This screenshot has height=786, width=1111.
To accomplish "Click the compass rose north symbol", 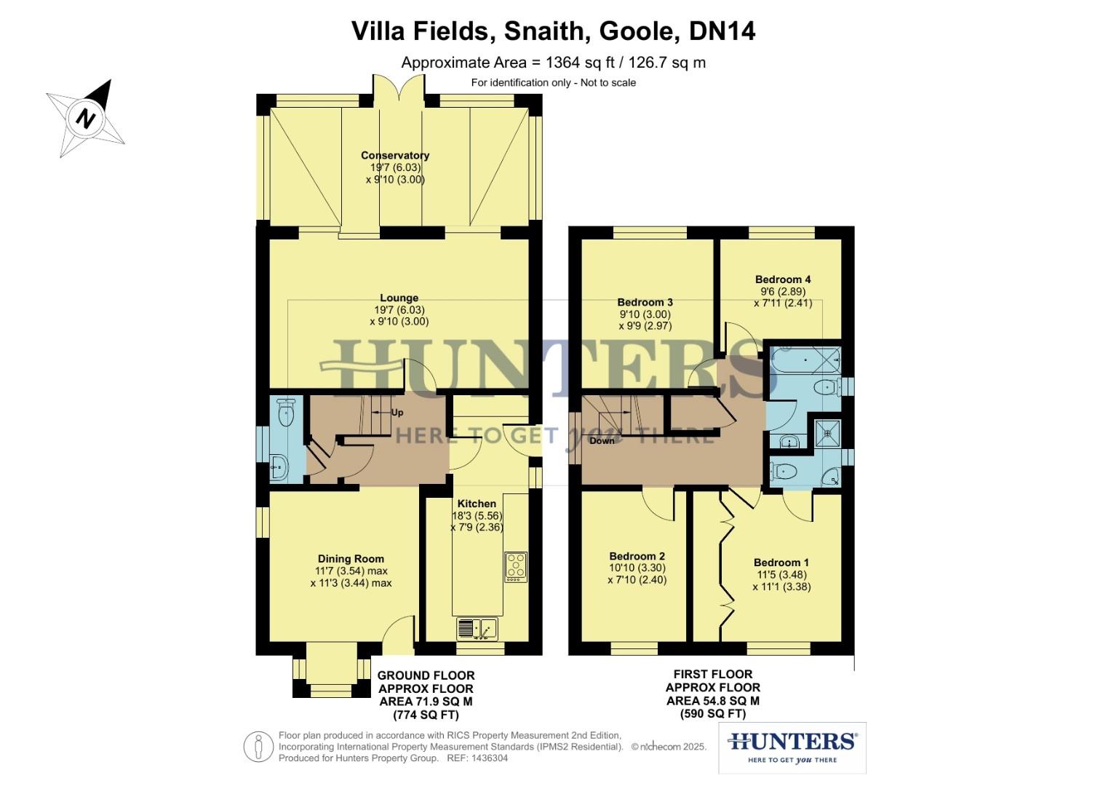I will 87,118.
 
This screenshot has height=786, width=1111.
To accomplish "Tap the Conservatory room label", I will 395,155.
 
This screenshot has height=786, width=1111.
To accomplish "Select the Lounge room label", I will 399,298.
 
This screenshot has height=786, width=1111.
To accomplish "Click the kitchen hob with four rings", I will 516,566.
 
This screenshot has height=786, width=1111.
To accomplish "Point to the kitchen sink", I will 477,627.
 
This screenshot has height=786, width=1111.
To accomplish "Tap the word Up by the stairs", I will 397,413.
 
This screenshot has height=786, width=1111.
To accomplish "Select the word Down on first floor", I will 602,441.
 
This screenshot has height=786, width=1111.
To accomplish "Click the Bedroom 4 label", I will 783,279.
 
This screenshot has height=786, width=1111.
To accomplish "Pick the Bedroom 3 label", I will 645,302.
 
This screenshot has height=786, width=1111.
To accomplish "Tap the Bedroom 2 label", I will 637,556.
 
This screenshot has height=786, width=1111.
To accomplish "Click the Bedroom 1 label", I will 781,563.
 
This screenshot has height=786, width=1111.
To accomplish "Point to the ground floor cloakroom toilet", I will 286,413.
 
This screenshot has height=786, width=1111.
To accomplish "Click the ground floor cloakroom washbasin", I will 279,467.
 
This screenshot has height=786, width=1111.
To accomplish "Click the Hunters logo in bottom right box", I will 792,742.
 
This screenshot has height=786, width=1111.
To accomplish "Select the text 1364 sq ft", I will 578,63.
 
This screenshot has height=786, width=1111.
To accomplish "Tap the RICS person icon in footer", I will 258,747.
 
